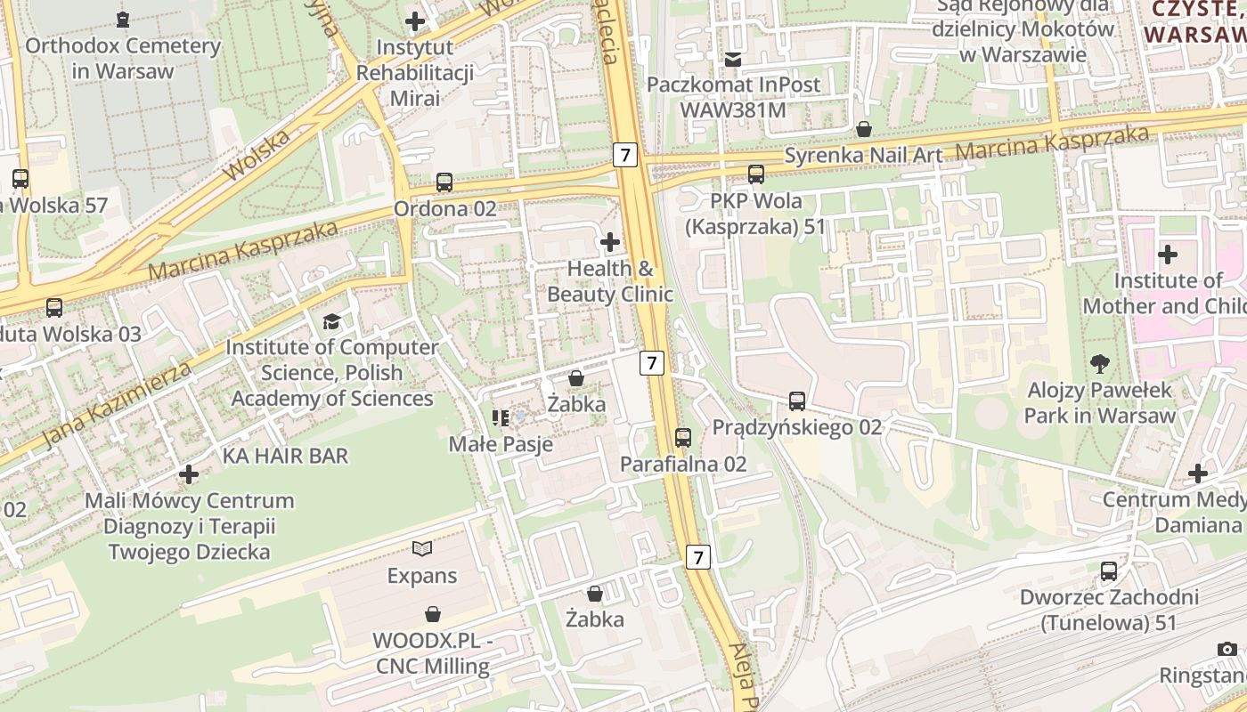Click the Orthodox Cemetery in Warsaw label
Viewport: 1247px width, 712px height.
(122, 58)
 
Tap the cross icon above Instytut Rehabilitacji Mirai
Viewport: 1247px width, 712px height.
(415, 21)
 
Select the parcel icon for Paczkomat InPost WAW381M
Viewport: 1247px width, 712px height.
(732, 60)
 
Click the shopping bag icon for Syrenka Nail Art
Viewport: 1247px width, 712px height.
(863, 130)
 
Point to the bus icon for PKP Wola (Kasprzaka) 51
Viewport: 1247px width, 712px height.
(755, 174)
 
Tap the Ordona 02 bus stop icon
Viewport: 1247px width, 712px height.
(444, 183)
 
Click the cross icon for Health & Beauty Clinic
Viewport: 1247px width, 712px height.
(610, 242)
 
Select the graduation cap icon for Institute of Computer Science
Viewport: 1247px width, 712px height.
(331, 321)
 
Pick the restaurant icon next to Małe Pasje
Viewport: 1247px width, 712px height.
(501, 417)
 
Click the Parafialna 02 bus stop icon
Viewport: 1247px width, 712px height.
(683, 438)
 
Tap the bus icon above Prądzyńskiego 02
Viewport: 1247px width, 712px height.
(797, 401)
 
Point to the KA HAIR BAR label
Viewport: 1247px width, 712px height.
(285, 457)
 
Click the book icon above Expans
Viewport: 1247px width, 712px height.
(422, 549)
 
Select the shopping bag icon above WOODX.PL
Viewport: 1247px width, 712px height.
(433, 614)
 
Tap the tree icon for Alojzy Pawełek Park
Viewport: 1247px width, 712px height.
(1100, 363)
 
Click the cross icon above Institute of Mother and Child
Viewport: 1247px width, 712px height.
(1167, 255)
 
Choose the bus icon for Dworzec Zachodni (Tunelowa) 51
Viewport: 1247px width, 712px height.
(1109, 571)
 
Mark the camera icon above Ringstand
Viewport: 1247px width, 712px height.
(1227, 650)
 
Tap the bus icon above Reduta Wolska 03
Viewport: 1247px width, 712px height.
(54, 308)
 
